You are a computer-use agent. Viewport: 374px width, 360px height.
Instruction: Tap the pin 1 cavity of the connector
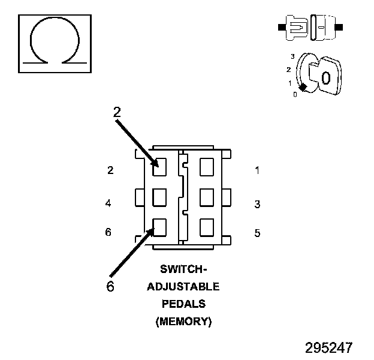(x=207, y=167)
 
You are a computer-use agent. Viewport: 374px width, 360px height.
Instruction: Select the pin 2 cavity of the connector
(x=159, y=167)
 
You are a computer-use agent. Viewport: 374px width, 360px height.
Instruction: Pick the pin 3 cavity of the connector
(x=207, y=197)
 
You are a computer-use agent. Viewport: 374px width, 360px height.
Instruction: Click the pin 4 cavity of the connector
(x=159, y=197)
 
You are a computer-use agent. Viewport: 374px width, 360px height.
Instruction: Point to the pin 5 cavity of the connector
(x=207, y=227)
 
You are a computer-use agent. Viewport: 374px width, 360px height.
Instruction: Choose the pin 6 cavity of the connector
(x=159, y=227)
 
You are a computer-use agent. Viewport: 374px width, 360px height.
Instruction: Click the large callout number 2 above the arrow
(x=117, y=112)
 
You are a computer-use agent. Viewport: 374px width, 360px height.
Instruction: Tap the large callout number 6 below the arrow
(x=110, y=286)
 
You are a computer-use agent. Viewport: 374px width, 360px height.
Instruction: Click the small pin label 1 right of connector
(x=257, y=170)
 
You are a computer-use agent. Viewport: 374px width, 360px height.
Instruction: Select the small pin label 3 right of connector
(x=257, y=204)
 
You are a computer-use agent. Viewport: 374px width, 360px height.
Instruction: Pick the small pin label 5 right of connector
(x=257, y=233)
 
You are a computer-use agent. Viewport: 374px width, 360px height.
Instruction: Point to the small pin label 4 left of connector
(x=108, y=203)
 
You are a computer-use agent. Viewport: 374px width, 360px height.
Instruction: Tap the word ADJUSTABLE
(x=183, y=286)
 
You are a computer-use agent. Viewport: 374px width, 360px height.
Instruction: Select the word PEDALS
(x=183, y=304)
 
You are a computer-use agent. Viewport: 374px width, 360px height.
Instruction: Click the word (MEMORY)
(x=183, y=322)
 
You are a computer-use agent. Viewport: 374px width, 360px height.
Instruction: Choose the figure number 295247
(x=328, y=347)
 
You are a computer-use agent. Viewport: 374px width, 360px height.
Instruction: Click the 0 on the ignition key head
(x=325, y=77)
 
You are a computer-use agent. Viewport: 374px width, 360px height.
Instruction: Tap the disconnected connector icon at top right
(x=310, y=28)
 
